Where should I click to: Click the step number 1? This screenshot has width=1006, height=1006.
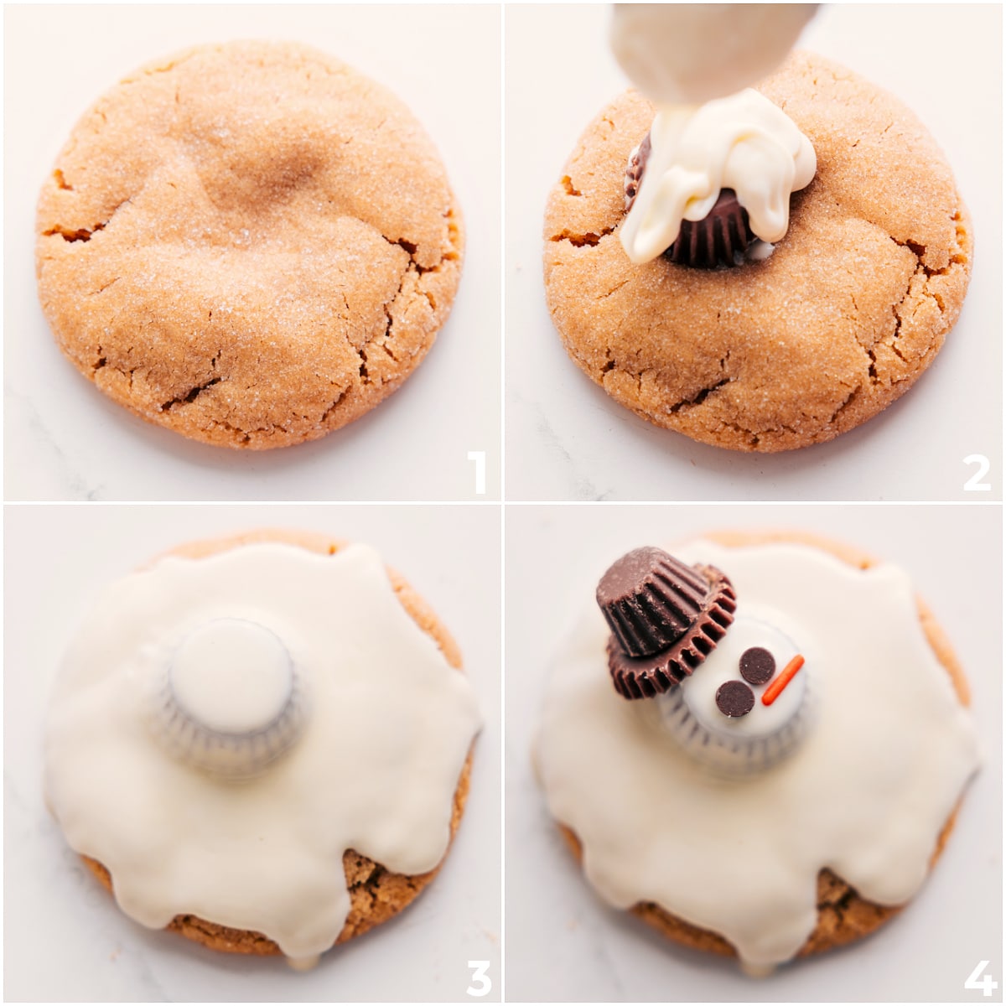476,472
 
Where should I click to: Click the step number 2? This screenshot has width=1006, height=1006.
977,472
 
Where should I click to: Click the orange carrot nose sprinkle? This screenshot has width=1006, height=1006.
783,680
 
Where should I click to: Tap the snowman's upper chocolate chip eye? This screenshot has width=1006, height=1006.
757,665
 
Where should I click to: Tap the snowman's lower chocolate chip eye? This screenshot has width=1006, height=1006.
735,698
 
